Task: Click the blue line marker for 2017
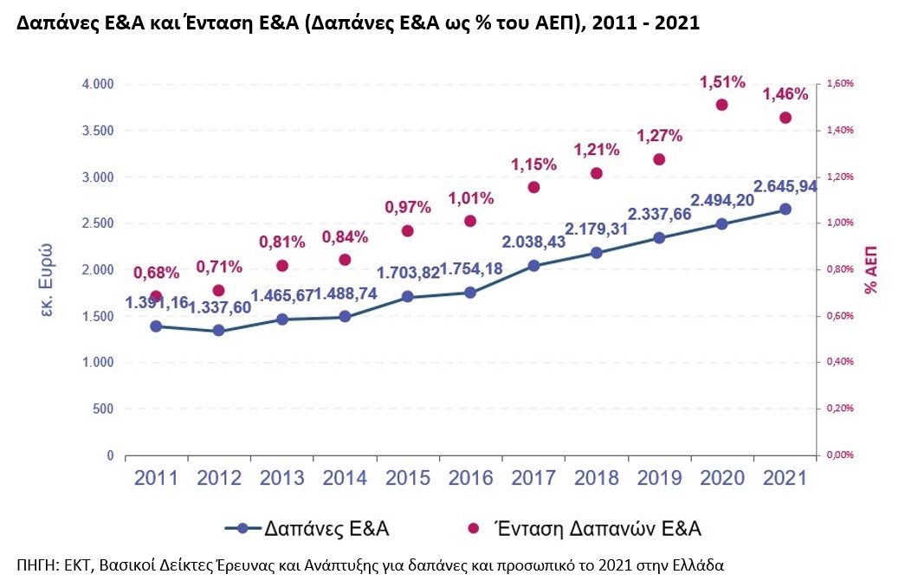click(533, 266)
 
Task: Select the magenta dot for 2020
click(721, 105)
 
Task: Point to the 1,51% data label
click(721, 82)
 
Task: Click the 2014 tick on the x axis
click(345, 477)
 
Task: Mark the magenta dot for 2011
click(156, 296)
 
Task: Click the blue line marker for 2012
click(218, 331)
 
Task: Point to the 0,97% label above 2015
click(408, 207)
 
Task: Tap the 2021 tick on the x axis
click(784, 477)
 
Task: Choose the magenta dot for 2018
click(597, 173)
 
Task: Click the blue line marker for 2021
click(785, 209)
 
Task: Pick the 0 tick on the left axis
click(109, 455)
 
